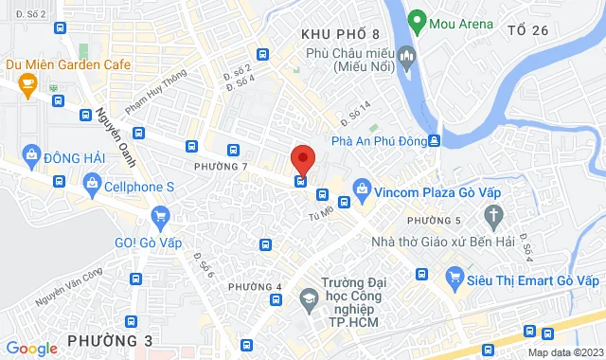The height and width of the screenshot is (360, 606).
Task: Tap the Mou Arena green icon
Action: pyautogui.click(x=416, y=20)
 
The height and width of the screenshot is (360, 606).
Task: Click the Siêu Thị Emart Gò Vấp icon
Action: pyautogui.click(x=454, y=278)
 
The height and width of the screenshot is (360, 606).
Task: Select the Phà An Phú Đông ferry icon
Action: pyautogui.click(x=434, y=141)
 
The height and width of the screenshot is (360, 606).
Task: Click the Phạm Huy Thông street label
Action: pyautogui.click(x=161, y=89)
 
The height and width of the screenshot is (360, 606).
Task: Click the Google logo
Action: pyautogui.click(x=31, y=349)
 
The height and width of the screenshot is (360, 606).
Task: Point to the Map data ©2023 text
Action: pyautogui.click(x=563, y=352)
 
